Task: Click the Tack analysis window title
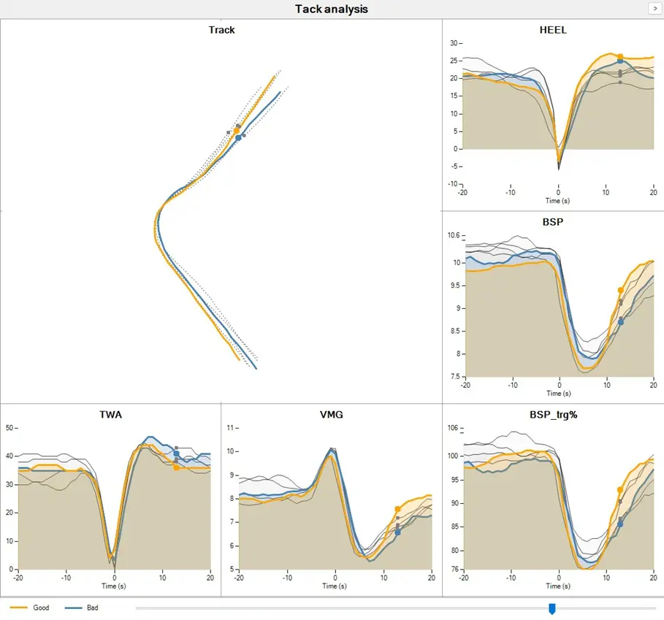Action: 331,9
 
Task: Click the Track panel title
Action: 221,30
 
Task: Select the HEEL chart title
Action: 552,30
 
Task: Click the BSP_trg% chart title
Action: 552,415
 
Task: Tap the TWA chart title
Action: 110,415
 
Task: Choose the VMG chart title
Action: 331,415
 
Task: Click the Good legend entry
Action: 41,608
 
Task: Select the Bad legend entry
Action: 92,608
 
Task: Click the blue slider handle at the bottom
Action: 552,608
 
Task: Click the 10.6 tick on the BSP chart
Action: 453,235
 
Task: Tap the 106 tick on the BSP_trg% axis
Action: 453,428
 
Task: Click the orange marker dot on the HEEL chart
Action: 620,56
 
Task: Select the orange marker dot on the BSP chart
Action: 621,291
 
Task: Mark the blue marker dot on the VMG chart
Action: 398,532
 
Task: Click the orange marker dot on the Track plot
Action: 236,131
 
